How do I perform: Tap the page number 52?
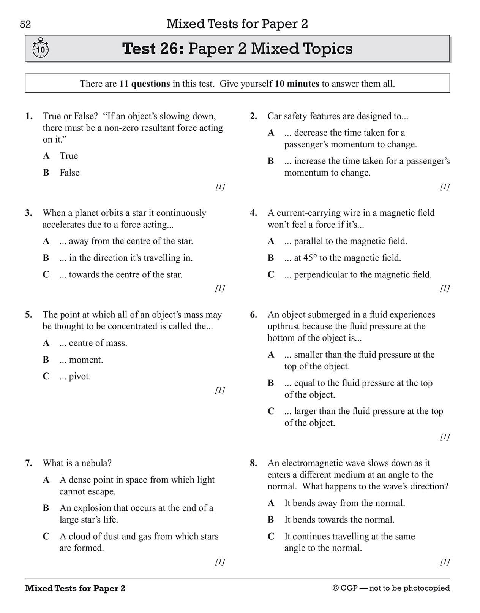coord(25,25)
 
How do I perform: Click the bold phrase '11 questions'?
coord(144,84)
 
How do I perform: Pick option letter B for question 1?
coord(46,173)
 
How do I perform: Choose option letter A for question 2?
coord(271,133)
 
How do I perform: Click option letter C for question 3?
coord(46,274)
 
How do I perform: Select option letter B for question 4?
coord(271,258)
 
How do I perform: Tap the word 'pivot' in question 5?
coord(79,377)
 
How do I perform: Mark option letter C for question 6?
coord(271,411)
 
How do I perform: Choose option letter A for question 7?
coord(46,480)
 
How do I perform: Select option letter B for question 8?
coord(271,520)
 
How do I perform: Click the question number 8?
coord(253,463)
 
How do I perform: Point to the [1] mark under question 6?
coord(445,437)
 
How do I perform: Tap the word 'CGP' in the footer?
coord(349,588)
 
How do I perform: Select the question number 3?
coord(28,213)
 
